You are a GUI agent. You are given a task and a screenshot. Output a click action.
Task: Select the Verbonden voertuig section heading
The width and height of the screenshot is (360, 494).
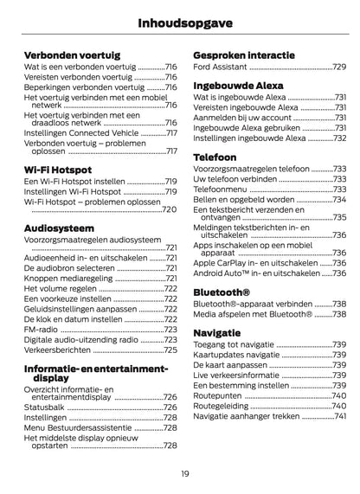click(x=70, y=55)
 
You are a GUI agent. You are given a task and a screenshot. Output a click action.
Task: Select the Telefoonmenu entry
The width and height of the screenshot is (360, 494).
click(x=223, y=188)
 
